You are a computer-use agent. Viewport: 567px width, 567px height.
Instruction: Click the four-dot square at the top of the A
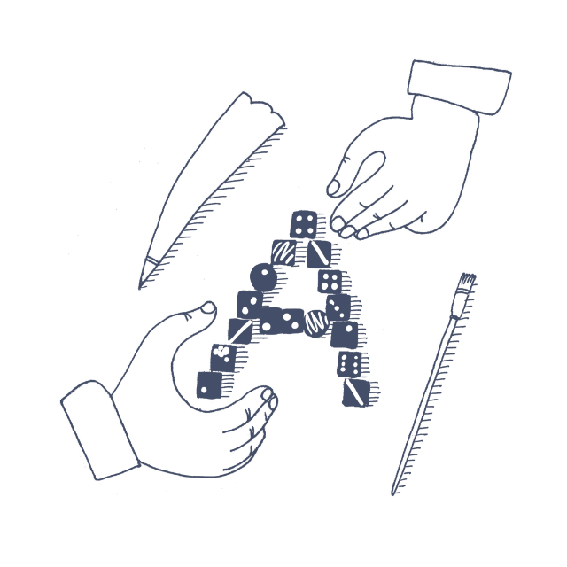[304, 224]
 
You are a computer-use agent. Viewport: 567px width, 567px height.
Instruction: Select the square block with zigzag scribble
[283, 252]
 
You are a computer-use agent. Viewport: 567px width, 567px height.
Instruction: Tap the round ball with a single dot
[263, 277]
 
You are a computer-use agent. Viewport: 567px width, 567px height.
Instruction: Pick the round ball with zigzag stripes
[315, 323]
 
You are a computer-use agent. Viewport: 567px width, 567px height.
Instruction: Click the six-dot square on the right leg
[350, 363]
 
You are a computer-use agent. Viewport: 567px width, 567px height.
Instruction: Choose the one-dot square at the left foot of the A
[209, 385]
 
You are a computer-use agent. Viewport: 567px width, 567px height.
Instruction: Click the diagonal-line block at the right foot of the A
[356, 392]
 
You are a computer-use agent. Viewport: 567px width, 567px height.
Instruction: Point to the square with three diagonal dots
[338, 307]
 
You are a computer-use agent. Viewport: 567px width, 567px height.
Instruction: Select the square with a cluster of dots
[224, 357]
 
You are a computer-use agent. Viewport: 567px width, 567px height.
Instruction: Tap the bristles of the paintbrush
[467, 281]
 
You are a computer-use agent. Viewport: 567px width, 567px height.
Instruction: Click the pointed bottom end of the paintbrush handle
[393, 493]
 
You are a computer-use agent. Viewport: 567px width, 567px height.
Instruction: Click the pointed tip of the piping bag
[140, 287]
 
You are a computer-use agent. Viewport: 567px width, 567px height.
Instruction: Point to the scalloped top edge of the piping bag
[265, 108]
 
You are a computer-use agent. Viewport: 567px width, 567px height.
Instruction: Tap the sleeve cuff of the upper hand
[459, 87]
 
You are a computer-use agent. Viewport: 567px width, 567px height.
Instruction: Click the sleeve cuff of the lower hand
[100, 431]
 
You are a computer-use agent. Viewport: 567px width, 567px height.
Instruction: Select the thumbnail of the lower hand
[209, 307]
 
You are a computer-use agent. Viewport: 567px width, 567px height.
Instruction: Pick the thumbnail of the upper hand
[333, 188]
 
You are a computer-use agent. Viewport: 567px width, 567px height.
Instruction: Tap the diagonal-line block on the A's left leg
[240, 331]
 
